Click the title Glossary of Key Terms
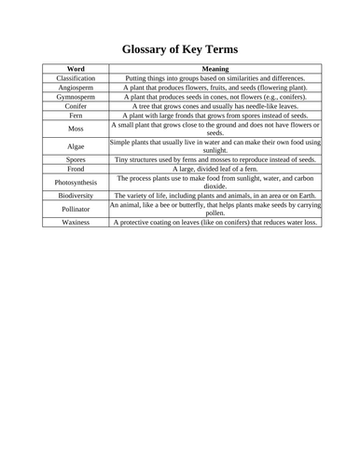[x=180, y=48]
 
